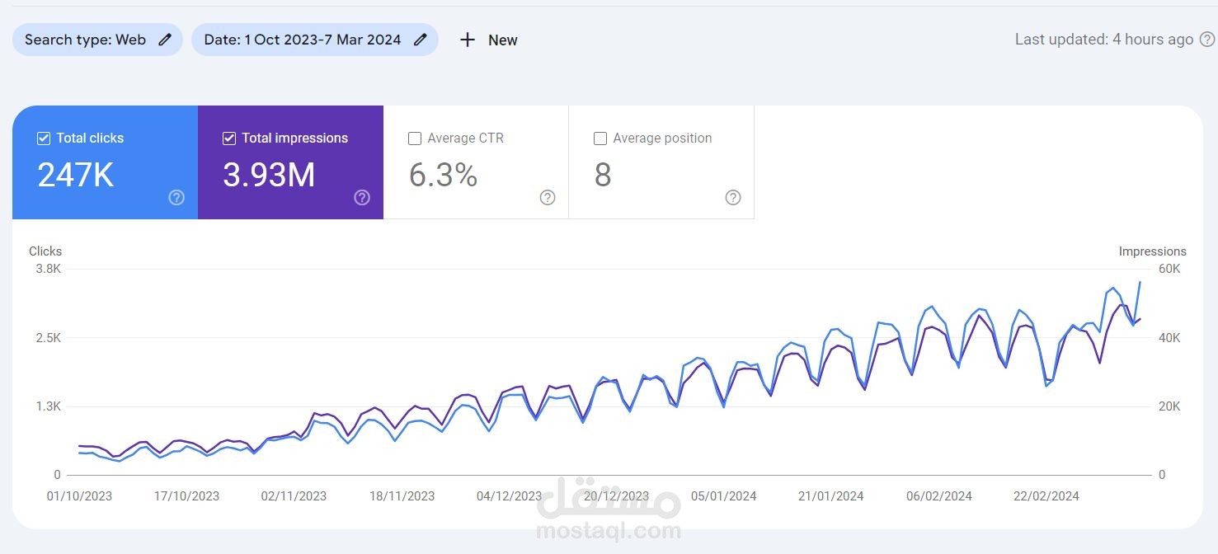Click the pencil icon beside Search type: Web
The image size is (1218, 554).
coord(165,40)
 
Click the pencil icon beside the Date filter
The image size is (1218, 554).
coord(421,40)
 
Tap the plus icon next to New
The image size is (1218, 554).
coord(468,40)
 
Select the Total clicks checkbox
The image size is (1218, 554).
coord(44,138)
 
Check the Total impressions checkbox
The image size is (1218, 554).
coord(229,138)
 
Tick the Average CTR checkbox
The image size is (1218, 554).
coord(415,138)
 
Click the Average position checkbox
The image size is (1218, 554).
coord(600,138)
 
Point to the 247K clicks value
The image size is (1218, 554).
coord(76,176)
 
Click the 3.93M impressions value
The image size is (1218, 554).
coord(269,176)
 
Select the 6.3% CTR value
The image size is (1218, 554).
coord(443,176)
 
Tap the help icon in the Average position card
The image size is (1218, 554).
coord(733,197)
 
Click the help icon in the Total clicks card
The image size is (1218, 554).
coord(176,197)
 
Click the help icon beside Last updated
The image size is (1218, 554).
coord(1206,40)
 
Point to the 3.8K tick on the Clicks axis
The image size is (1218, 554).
coord(46,269)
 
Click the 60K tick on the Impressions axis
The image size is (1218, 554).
coord(1169,269)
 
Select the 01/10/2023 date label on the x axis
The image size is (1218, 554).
coord(79,496)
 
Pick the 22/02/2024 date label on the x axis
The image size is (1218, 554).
coord(1046,496)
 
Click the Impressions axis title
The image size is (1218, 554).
coord(1152,251)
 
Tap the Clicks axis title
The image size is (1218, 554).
coord(45,251)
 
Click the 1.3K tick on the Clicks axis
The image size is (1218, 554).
coord(46,406)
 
